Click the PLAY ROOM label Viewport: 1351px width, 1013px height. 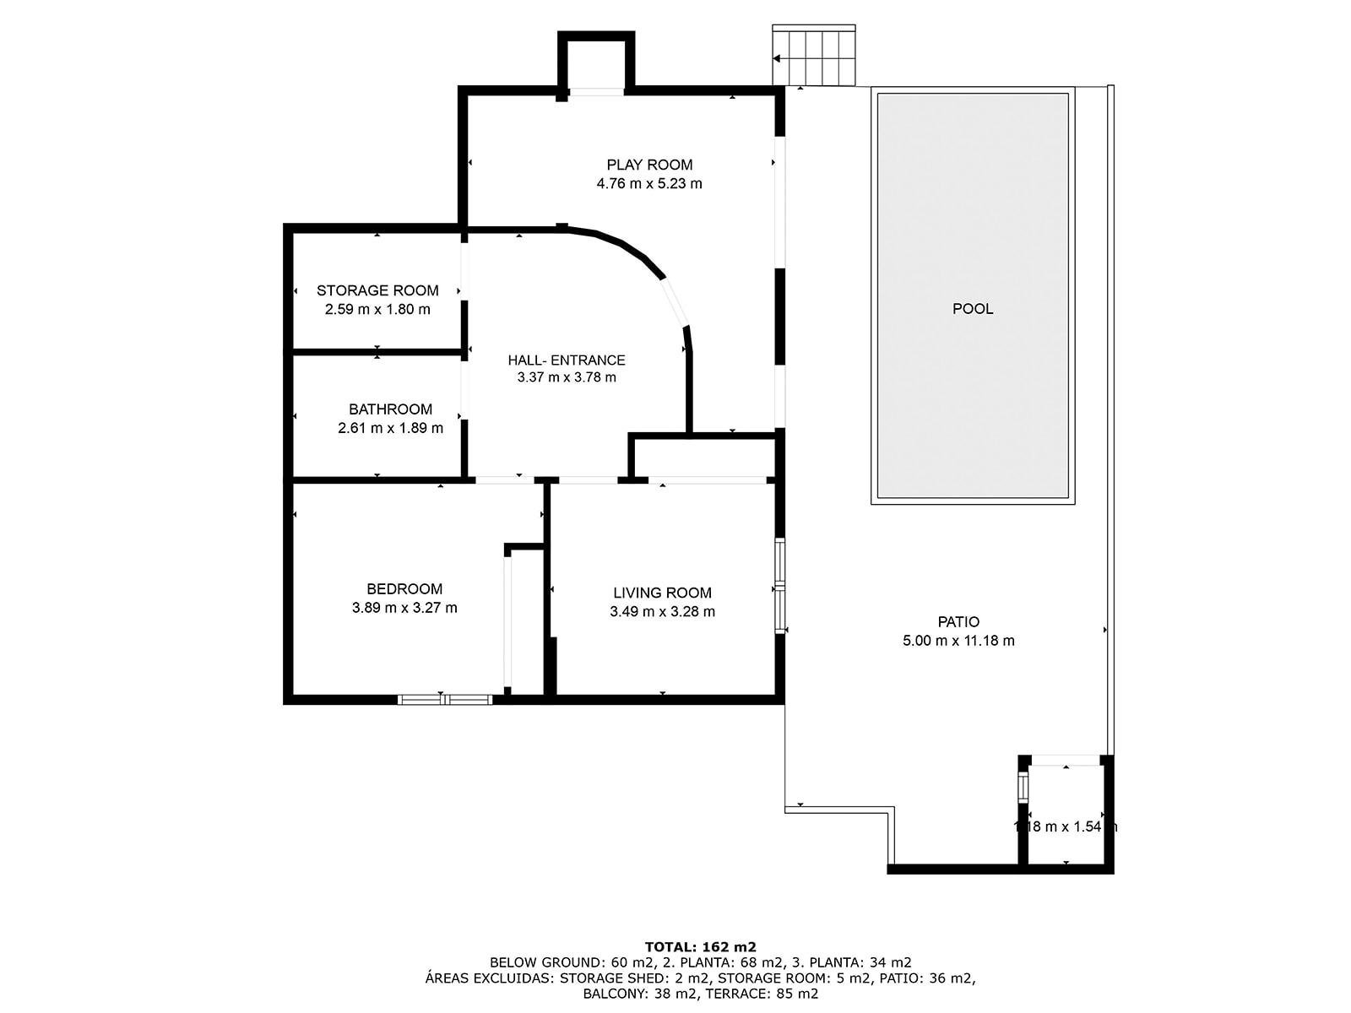[649, 165]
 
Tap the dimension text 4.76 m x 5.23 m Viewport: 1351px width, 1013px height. [649, 183]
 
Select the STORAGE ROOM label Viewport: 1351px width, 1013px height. [377, 290]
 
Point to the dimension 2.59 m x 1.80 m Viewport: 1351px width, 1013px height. [377, 309]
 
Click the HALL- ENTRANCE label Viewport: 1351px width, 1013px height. [567, 360]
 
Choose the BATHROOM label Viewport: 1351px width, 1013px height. [390, 409]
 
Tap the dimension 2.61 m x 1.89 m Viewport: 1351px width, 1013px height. [390, 428]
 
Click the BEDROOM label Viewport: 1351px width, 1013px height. [404, 589]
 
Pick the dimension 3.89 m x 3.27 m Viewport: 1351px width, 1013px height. [404, 608]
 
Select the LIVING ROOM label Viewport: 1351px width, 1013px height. [662, 593]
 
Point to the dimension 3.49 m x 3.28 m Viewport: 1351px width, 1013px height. [662, 612]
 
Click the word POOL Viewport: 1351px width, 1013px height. [973, 309]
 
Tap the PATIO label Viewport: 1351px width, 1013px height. [958, 622]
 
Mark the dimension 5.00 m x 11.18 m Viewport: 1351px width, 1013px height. [958, 641]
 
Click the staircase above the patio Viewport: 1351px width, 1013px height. [814, 57]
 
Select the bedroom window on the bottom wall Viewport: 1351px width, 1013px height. [445, 699]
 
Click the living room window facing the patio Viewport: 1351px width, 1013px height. [780, 586]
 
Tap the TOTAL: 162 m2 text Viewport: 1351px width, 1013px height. [700, 946]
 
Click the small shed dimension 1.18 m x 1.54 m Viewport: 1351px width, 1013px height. [1065, 827]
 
